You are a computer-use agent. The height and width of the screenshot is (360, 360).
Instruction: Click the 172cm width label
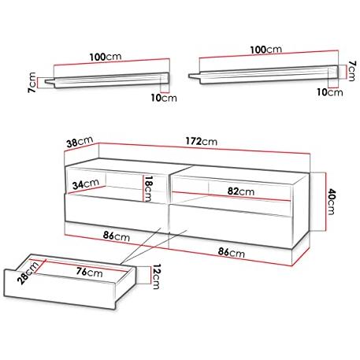[x=202, y=142]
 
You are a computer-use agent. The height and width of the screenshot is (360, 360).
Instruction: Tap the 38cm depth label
[x=80, y=143]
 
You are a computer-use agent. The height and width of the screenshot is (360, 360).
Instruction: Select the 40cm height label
[x=331, y=202]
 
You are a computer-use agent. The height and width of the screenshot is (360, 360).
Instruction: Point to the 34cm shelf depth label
[x=86, y=184]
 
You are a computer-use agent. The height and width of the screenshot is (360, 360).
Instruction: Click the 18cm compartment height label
[x=148, y=189]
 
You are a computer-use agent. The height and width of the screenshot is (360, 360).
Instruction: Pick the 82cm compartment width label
[x=241, y=191]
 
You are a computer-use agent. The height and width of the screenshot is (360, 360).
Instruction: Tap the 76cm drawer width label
[x=90, y=273]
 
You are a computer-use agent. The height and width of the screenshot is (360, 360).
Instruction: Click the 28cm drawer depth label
[x=28, y=273]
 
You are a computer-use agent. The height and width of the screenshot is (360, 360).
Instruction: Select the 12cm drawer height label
[x=156, y=276]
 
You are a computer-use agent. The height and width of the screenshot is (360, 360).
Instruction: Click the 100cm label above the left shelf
[x=106, y=57]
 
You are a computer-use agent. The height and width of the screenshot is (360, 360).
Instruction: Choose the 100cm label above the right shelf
[x=266, y=50]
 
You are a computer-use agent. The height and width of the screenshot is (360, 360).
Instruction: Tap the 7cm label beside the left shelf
[x=32, y=82]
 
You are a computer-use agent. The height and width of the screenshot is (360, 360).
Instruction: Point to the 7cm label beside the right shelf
[x=352, y=71]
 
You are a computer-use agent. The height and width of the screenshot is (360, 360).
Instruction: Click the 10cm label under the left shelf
[x=164, y=98]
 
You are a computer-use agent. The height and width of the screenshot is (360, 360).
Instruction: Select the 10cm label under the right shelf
[x=330, y=92]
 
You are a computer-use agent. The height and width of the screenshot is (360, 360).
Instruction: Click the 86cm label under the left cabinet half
[x=117, y=236]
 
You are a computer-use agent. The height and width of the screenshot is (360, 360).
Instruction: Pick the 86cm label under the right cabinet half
[x=232, y=253]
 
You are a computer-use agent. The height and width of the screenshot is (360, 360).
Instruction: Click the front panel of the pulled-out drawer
[x=60, y=289]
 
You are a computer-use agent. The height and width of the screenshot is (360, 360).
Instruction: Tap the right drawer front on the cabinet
[x=230, y=226]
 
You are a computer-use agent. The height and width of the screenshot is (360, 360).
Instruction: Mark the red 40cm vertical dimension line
[x=326, y=202]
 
